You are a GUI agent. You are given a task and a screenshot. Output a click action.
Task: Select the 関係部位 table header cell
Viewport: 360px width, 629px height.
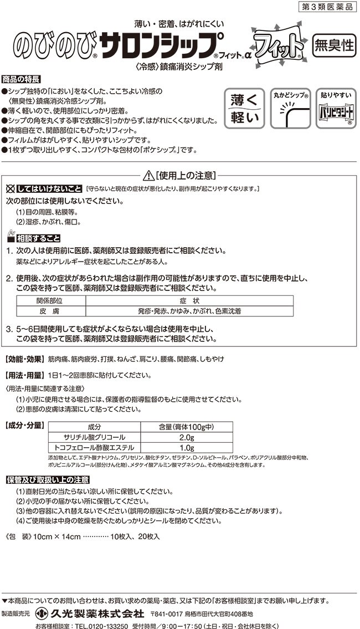(50, 300)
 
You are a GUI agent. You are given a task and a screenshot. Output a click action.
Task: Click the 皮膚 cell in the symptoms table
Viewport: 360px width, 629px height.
(50, 311)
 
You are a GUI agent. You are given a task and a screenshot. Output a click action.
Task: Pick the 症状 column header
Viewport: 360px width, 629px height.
(189, 300)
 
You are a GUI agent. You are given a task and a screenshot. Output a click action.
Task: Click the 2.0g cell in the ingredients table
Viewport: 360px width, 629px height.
(186, 437)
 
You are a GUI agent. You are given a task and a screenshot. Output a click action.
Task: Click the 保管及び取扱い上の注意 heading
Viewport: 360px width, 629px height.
(47, 479)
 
